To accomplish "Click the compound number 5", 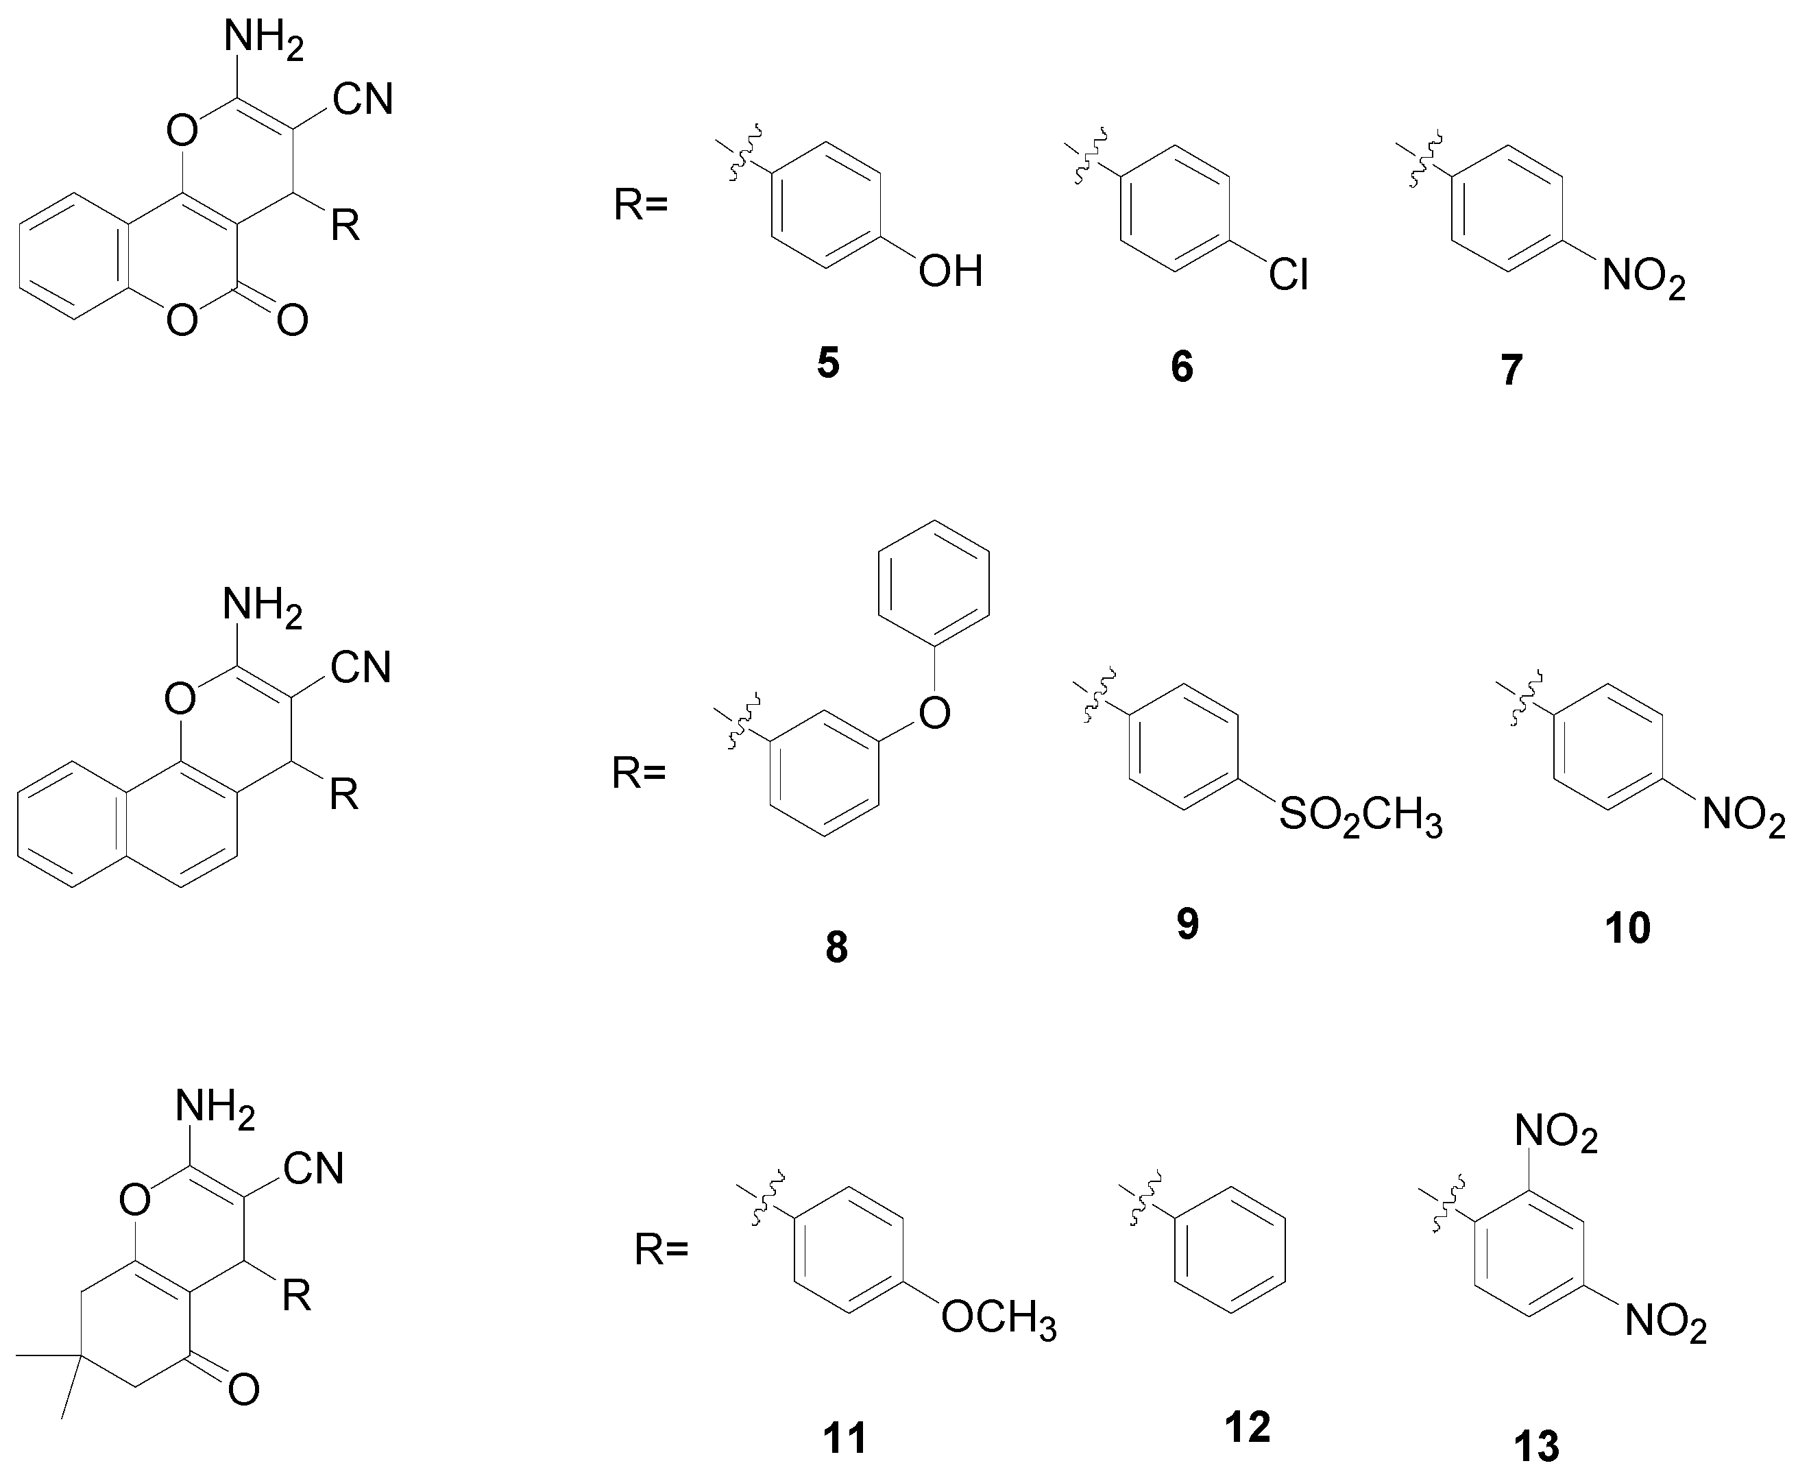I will [827, 363].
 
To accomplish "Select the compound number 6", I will [1182, 367].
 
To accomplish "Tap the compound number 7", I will [1512, 370].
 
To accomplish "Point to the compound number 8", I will [836, 948].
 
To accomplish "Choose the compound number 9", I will [1188, 924].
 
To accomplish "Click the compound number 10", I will [1628, 928].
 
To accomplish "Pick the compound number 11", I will [845, 1438].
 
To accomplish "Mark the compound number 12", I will [1247, 1427].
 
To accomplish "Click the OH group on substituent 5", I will [951, 272].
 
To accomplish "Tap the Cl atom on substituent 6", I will [1288, 275].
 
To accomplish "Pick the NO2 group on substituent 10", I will [1742, 816].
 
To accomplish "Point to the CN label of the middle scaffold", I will [361, 667].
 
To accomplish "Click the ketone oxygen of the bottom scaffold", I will [244, 1390].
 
